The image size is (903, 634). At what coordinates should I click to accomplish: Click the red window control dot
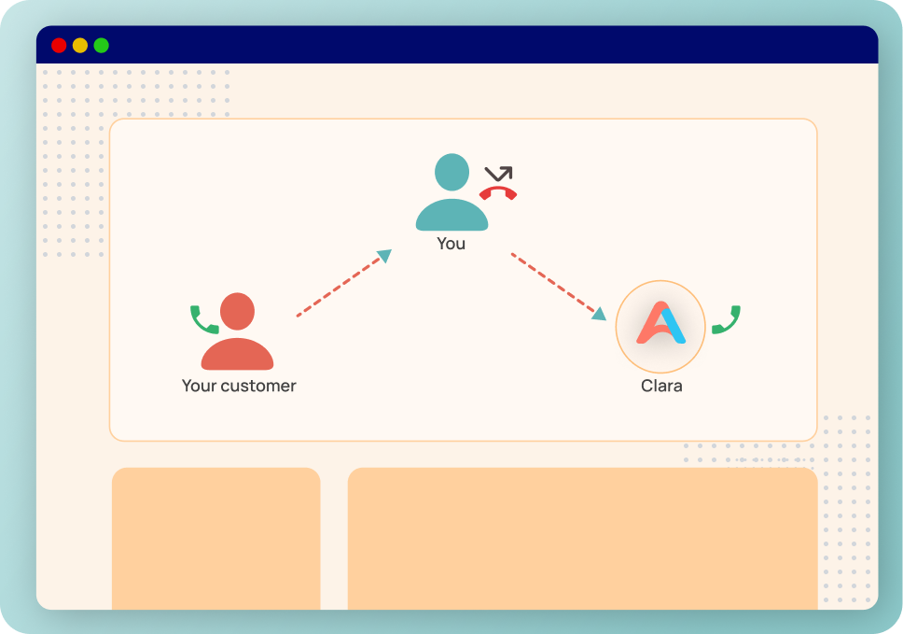(x=59, y=45)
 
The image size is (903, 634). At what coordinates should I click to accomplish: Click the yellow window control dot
(x=80, y=45)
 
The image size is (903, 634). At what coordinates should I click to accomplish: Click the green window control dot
(x=102, y=45)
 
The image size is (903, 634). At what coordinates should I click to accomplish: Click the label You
(x=451, y=244)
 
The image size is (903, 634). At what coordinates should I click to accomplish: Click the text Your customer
(x=239, y=385)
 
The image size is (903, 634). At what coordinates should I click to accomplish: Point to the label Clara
(x=661, y=385)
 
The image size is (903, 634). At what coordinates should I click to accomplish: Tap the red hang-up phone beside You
(x=498, y=193)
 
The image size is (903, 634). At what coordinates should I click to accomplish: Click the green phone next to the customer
(x=204, y=319)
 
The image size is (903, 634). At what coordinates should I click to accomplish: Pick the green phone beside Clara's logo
(x=726, y=319)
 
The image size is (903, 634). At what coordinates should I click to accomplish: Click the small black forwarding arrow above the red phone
(x=499, y=174)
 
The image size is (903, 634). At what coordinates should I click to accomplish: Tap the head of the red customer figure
(x=237, y=312)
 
